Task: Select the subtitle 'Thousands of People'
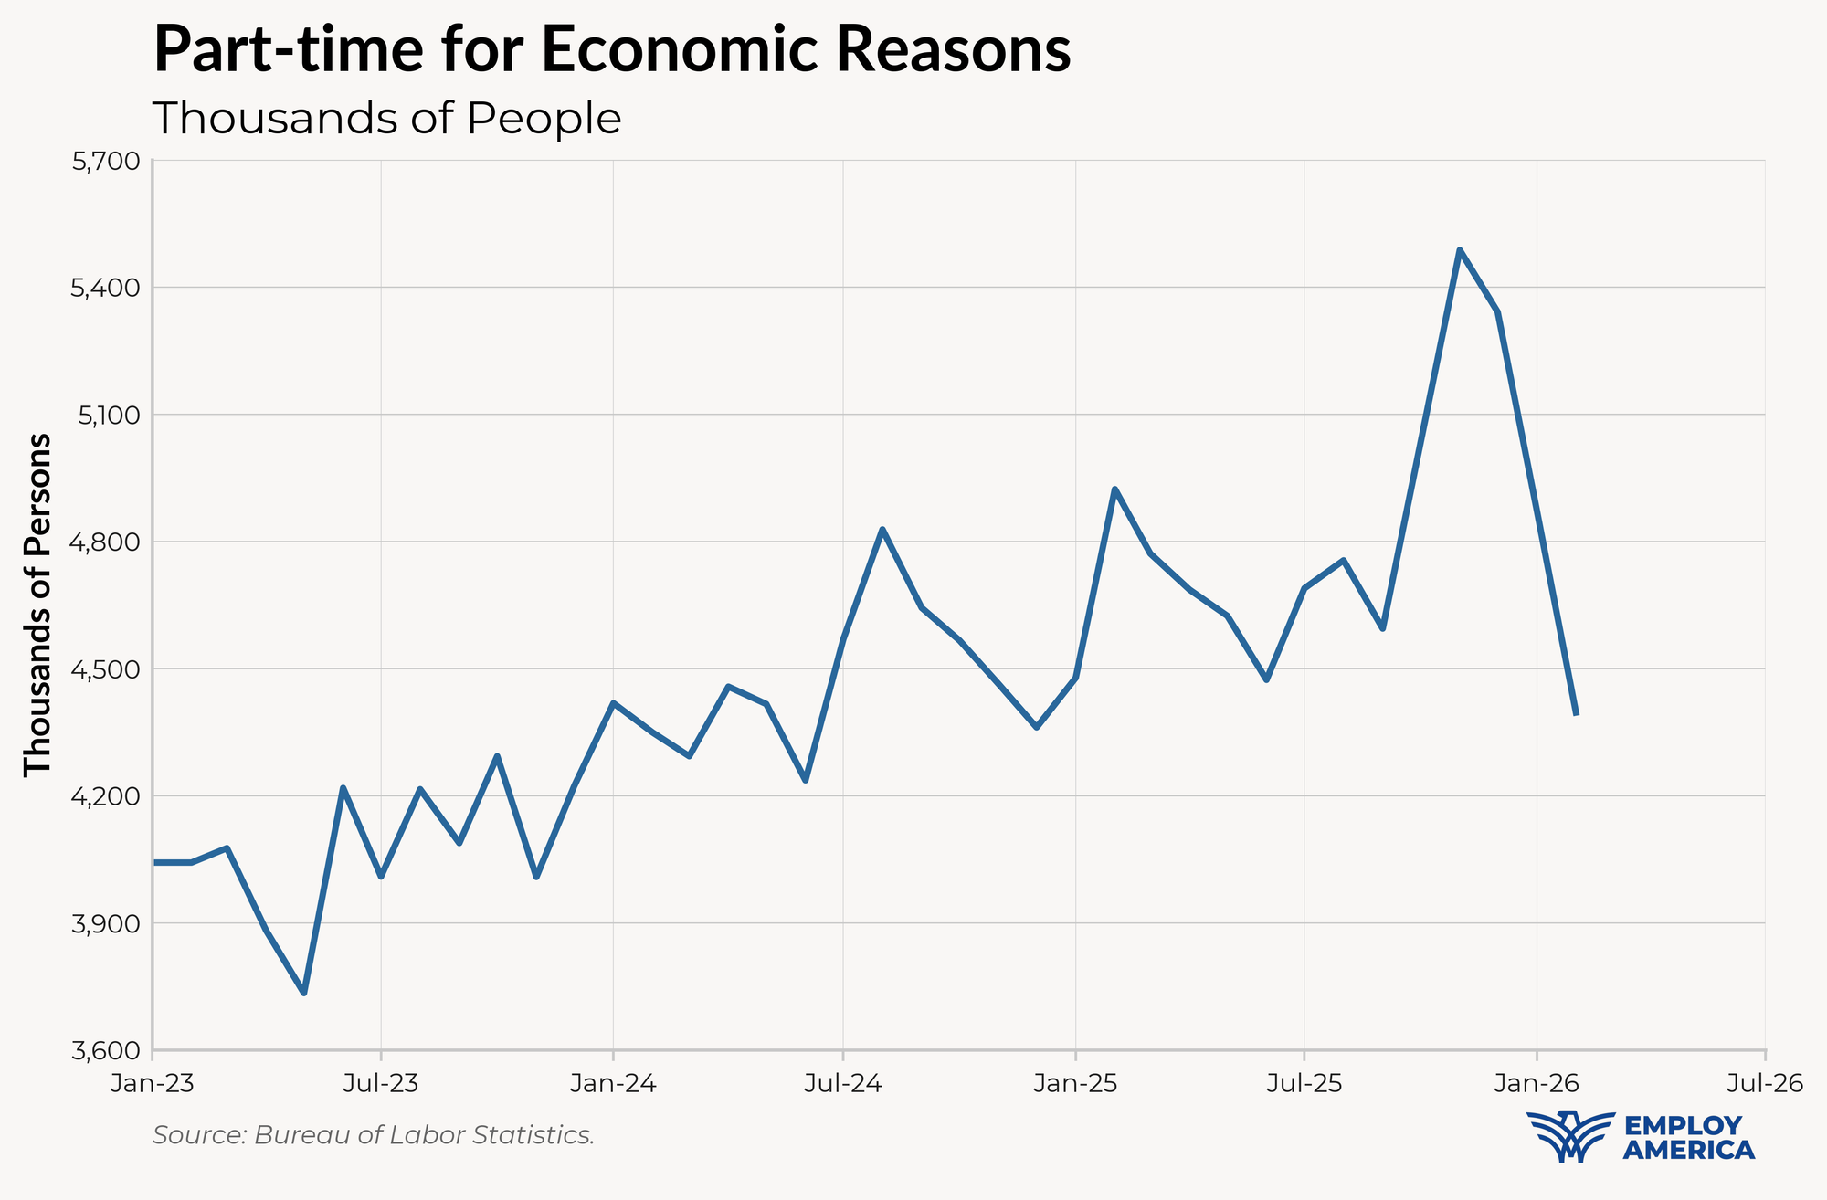(x=386, y=119)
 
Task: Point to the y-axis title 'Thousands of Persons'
(x=38, y=605)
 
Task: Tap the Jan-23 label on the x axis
(x=152, y=1084)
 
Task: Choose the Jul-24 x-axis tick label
(x=843, y=1084)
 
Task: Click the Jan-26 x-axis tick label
(x=1537, y=1084)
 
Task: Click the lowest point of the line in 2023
(x=304, y=993)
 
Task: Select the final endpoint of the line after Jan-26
(x=1577, y=713)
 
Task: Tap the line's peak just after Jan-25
(x=1114, y=489)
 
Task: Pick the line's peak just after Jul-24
(x=882, y=529)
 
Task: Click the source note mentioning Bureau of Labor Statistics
(x=374, y=1135)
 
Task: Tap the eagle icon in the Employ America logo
(x=1569, y=1136)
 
